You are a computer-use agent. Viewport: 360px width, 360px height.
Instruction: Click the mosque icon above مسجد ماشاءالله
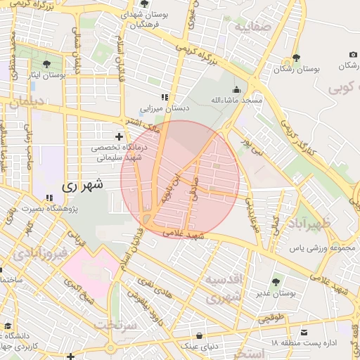point(237,89)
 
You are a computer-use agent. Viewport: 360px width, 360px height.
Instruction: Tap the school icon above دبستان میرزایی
point(165,98)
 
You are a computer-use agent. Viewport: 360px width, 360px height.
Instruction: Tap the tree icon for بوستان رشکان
point(297,57)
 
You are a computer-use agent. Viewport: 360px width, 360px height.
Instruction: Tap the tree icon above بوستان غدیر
point(275,282)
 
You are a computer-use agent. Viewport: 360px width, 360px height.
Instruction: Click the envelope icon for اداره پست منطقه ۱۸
point(304,331)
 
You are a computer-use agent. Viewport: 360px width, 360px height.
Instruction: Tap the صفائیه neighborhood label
point(252,27)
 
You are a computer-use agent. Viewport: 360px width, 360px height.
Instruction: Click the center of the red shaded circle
point(180,179)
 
